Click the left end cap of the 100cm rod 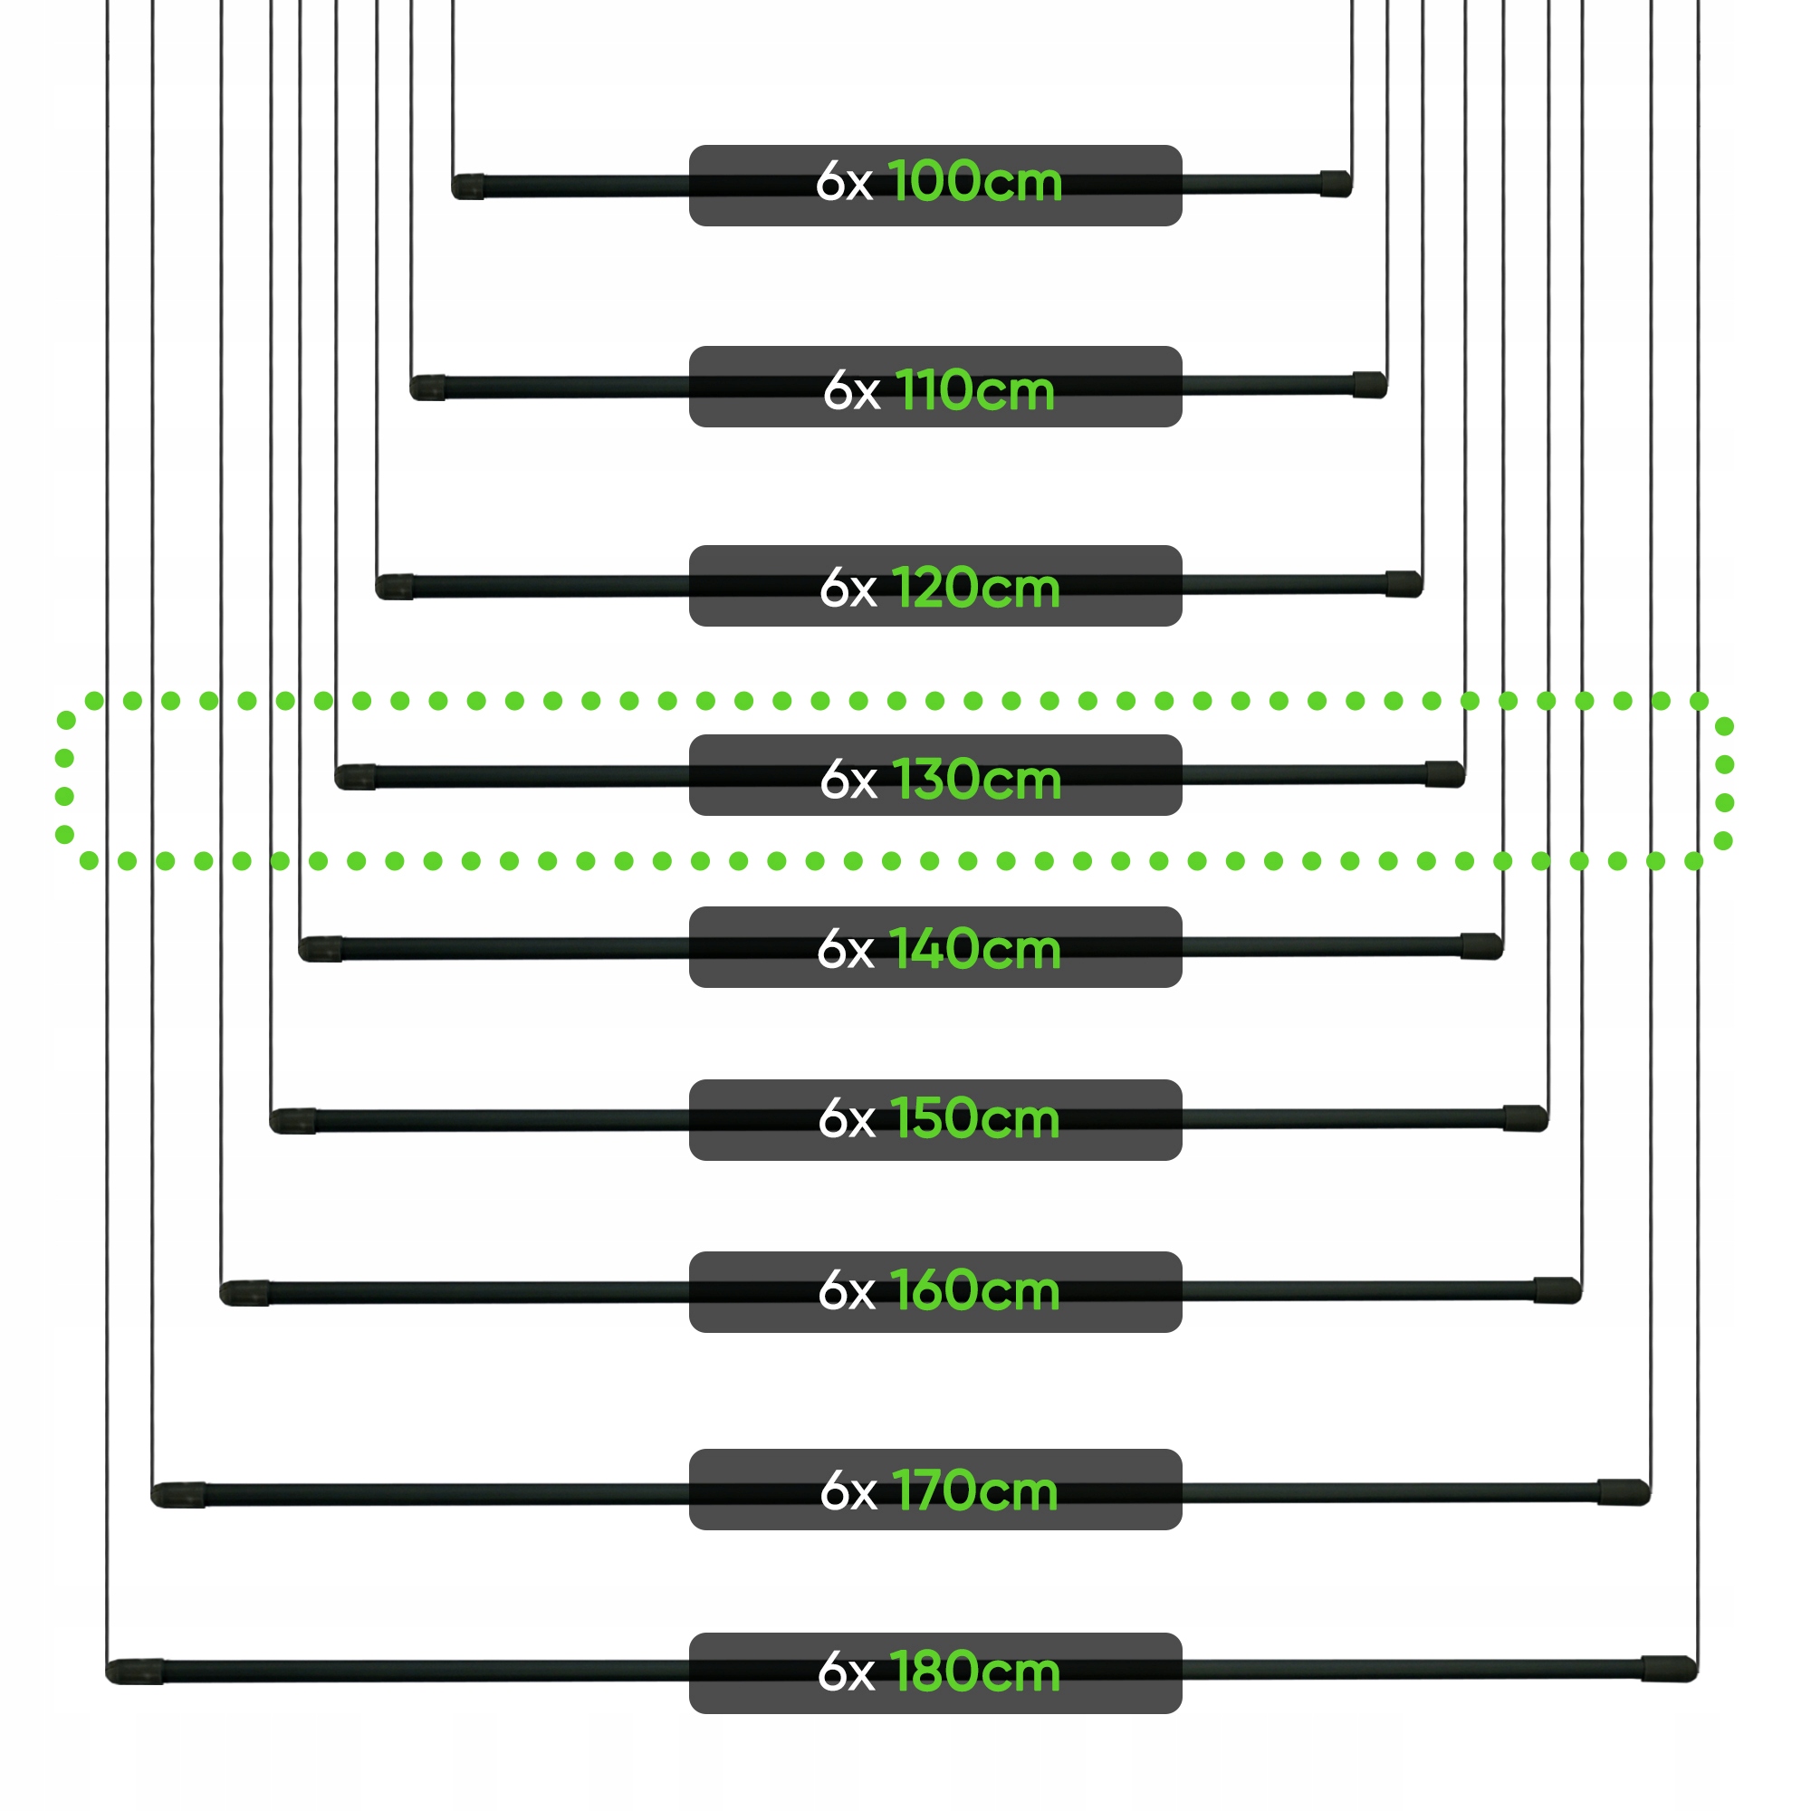[468, 187]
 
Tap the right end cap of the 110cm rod [1369, 384]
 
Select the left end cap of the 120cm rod [395, 587]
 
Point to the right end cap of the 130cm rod [1444, 773]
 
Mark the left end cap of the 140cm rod [321, 949]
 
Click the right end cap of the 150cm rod [1525, 1118]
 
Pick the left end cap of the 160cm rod [244, 1293]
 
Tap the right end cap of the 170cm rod [1624, 1491]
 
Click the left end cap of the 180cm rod [135, 1672]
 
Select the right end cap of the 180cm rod [1670, 1669]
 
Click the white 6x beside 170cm [848, 1490]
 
